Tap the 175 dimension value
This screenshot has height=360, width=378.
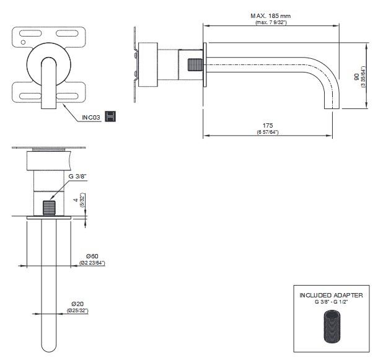268,126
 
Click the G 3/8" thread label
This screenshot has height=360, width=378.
78,177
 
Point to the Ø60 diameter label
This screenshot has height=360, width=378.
92,256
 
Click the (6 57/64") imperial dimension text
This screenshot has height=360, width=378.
268,133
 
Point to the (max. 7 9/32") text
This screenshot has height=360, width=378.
271,22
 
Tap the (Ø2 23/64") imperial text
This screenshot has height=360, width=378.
92,263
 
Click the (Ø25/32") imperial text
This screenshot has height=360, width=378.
78,310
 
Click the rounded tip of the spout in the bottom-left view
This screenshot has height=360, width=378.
49,348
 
